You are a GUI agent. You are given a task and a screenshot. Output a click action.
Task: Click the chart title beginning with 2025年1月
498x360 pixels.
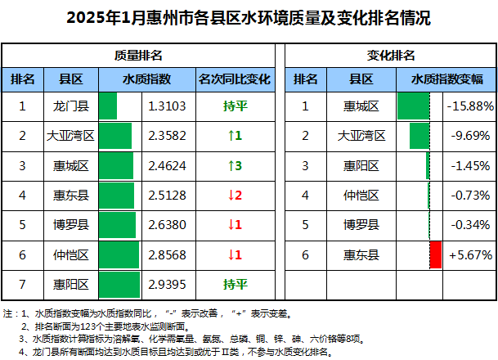pyautogui.click(x=249, y=16)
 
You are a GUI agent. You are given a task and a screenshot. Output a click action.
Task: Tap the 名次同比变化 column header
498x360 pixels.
pyautogui.click(x=235, y=79)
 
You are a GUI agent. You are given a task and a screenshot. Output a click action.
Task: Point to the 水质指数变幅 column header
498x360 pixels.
pyautogui.click(x=446, y=79)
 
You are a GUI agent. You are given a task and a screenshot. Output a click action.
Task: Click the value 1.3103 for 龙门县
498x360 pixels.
pyautogui.click(x=170, y=106)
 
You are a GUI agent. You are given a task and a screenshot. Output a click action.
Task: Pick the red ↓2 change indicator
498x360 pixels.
pyautogui.click(x=235, y=195)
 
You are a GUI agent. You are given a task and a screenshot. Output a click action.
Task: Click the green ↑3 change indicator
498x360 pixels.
pyautogui.click(x=235, y=165)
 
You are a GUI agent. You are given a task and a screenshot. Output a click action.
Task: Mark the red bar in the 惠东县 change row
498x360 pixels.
pyautogui.click(x=435, y=255)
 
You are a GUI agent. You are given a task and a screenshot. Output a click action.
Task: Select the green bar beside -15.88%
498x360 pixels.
pyautogui.click(x=413, y=106)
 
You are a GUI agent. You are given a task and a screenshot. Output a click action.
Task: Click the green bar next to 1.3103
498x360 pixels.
pyautogui.click(x=108, y=106)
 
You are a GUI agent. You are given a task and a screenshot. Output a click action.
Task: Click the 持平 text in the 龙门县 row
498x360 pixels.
pyautogui.click(x=235, y=106)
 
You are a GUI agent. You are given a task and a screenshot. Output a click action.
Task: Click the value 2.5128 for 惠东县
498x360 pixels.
pyautogui.click(x=170, y=195)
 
